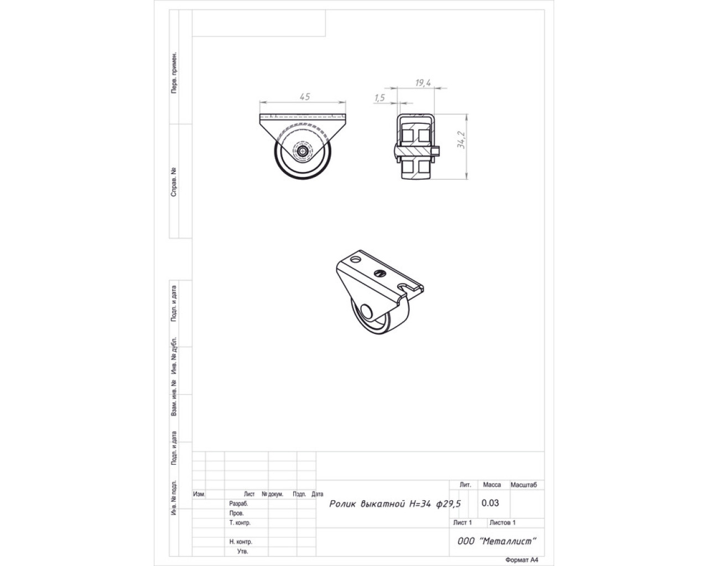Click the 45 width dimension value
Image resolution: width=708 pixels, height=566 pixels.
[305, 97]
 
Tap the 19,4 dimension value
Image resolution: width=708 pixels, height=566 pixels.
[423, 83]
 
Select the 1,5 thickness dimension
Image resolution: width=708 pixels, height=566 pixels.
[379, 98]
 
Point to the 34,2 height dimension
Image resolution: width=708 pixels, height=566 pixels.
[461, 140]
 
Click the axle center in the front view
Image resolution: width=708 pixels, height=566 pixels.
[303, 151]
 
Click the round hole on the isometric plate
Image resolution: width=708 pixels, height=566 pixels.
[355, 259]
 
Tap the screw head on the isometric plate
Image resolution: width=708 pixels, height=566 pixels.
[379, 272]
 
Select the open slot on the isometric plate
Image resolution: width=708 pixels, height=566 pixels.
[403, 287]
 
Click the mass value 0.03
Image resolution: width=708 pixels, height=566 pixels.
[490, 503]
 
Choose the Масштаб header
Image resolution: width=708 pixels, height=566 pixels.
[523, 485]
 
